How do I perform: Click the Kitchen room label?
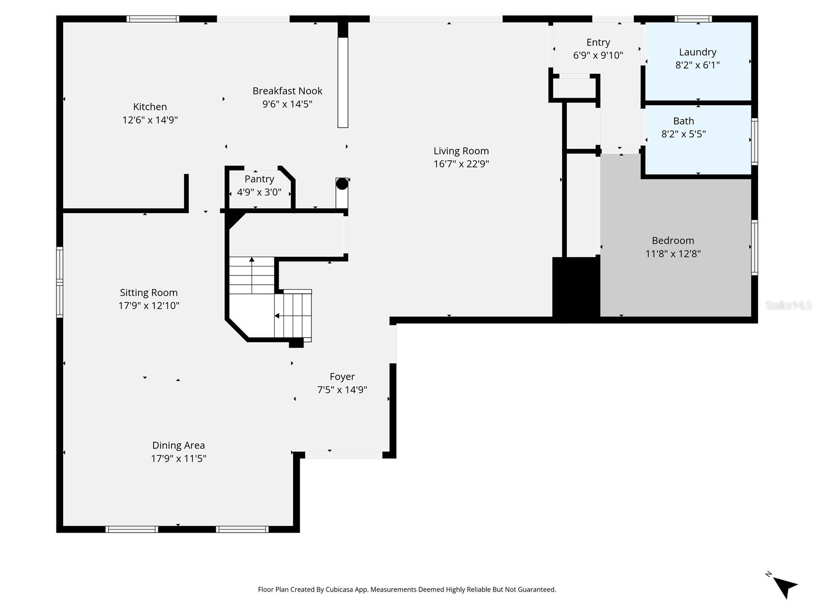point(150,107)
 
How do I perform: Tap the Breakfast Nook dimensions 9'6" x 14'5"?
point(287,104)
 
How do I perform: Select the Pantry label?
point(259,179)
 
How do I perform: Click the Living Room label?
point(461,151)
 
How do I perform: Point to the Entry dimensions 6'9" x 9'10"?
point(598,55)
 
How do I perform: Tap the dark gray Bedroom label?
point(673,240)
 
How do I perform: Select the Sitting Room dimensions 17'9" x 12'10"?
point(149,306)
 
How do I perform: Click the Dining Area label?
point(178,445)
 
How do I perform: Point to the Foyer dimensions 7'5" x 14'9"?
point(342,390)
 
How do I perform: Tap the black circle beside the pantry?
point(342,184)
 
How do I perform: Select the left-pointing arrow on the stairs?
point(277,316)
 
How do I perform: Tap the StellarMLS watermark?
point(789,305)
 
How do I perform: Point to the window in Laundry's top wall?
point(693,19)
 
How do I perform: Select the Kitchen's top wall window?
point(153,19)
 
